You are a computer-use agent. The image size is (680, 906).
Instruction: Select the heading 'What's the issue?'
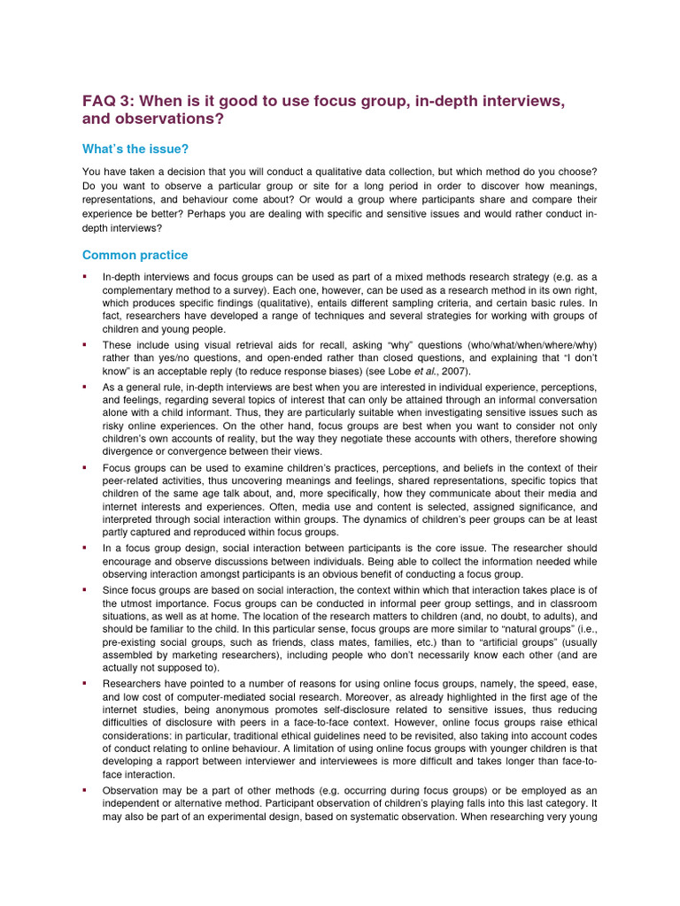pyautogui.click(x=135, y=149)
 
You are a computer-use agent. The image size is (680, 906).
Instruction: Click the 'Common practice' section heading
pyautogui.click(x=135, y=255)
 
